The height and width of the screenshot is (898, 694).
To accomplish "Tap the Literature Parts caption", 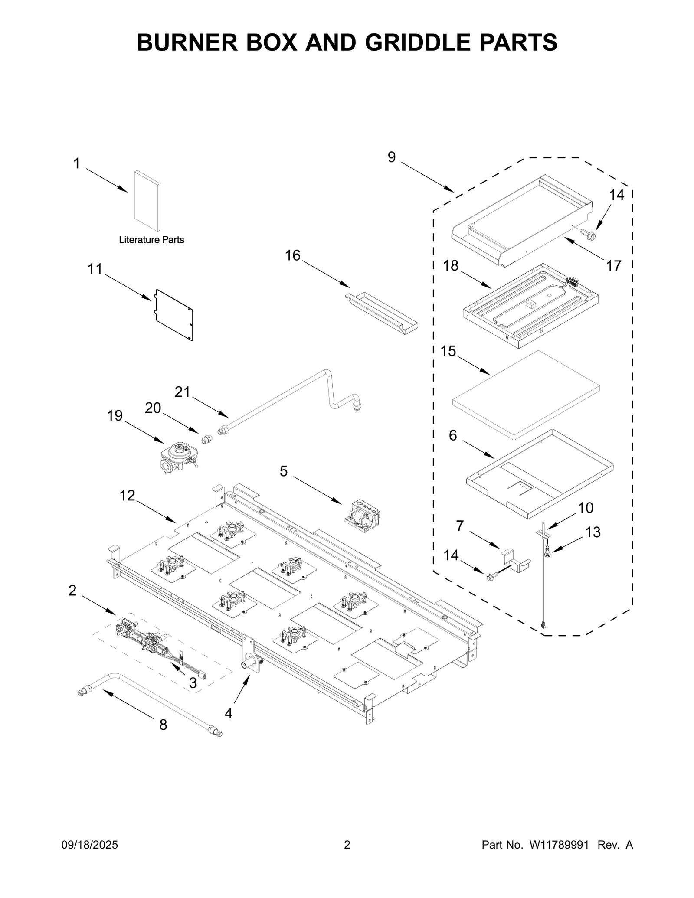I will (151, 240).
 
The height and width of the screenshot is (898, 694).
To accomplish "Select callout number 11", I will (95, 269).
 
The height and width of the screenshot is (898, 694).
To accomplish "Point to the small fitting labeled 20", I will (207, 439).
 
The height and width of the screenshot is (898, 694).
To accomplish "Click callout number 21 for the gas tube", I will (183, 392).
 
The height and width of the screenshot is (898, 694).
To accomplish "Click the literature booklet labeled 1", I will (147, 200).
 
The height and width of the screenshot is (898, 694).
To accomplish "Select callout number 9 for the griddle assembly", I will (392, 157).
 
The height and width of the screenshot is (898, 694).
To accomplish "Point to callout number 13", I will (593, 532).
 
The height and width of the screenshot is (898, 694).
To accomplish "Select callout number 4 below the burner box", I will (229, 712).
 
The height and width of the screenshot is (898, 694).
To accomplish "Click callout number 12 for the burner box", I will (128, 495).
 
